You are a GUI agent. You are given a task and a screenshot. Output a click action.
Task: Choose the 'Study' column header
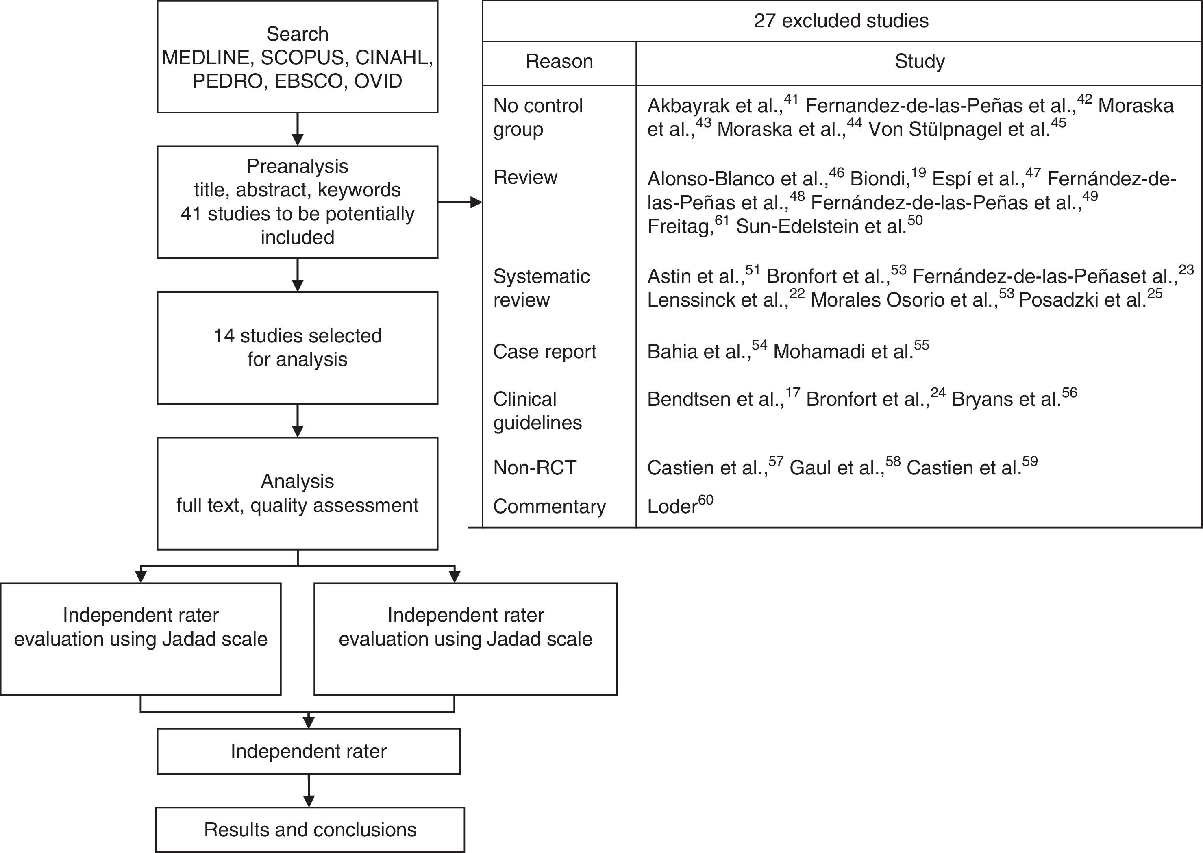pos(920,61)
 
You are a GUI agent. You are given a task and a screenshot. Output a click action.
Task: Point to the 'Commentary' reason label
pos(549,506)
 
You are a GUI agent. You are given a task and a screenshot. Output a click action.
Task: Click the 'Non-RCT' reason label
pos(535,468)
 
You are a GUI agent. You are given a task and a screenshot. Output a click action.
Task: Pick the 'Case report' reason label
pos(544,351)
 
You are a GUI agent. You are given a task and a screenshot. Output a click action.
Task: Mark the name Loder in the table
pos(672,506)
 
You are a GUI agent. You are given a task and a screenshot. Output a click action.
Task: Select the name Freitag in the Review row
pos(679,227)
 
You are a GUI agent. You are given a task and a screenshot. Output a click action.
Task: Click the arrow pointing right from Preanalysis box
pos(460,202)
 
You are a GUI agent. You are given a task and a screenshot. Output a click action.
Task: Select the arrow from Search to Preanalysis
pos(297,129)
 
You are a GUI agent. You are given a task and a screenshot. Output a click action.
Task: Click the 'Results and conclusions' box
pos(310,829)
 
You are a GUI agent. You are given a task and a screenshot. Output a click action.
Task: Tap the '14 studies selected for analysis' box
pos(297,348)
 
